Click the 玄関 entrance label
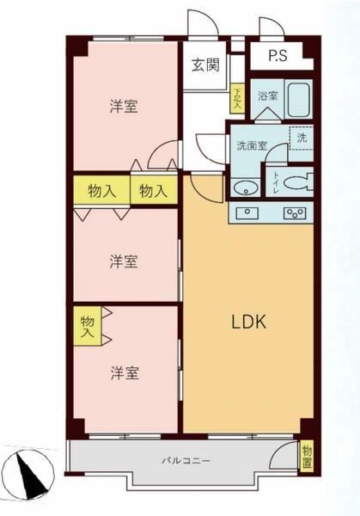coord(205,64)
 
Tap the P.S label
coord(278,55)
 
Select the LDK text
coord(249,322)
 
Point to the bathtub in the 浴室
coord(298,100)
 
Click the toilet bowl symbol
coord(298,182)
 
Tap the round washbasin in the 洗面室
coord(246,187)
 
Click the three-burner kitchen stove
coord(296,213)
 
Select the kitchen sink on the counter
coord(248,213)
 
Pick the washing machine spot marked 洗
coord(302,138)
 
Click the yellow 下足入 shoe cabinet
coord(237,98)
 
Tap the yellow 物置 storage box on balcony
coord(307,458)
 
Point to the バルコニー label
coord(186,460)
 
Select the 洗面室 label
coord(252,146)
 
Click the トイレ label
coord(275,183)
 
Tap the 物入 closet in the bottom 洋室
coord(87,326)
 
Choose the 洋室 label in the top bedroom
coord(124,107)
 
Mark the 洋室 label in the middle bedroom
coord(124,261)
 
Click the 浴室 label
coord(267,96)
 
